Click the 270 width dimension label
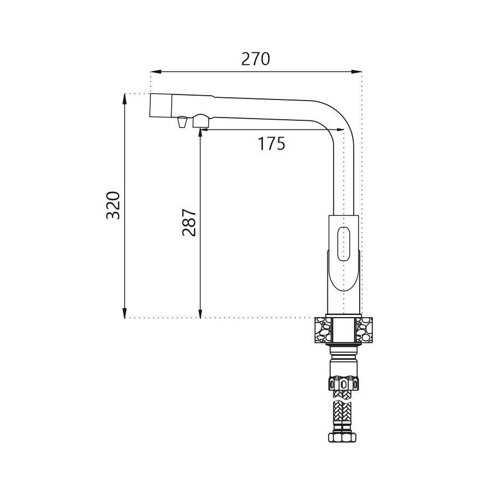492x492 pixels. (255, 58)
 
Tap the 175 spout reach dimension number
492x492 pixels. (271, 143)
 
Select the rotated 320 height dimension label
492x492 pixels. (113, 205)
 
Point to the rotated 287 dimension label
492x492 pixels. (189, 222)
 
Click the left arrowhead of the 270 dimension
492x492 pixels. (156, 72)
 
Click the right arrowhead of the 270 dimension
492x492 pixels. (356, 72)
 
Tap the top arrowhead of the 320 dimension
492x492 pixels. (125, 99)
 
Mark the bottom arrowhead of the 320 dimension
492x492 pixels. (125, 313)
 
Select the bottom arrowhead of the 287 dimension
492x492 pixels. (200, 313)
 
